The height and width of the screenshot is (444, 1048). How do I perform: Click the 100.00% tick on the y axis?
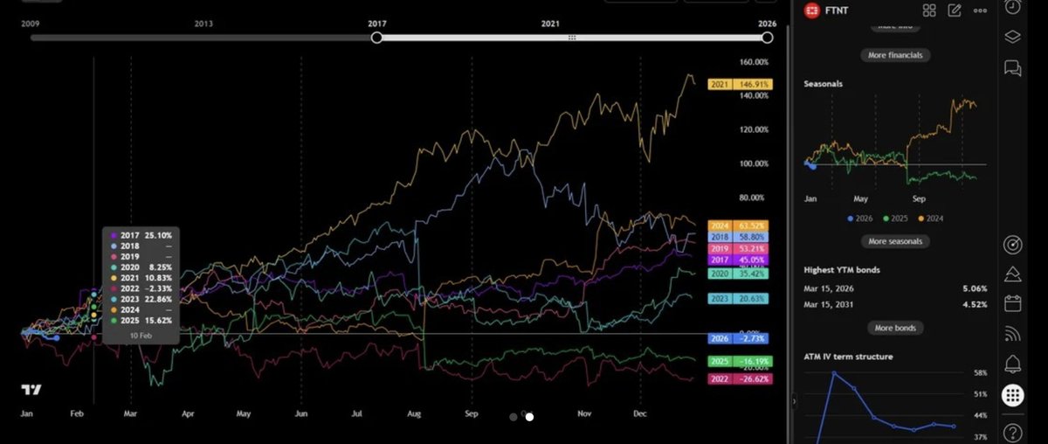click(754, 163)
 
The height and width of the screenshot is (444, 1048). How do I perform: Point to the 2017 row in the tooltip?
click(141, 235)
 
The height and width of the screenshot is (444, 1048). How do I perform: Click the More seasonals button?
click(895, 241)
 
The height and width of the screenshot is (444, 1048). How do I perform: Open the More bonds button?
click(895, 328)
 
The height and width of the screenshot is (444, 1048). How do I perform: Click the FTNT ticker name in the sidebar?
click(845, 10)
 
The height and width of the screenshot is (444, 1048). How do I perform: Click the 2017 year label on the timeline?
click(377, 24)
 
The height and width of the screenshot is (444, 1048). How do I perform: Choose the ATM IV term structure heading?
click(848, 357)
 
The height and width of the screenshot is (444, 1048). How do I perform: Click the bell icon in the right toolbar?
click(1013, 363)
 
